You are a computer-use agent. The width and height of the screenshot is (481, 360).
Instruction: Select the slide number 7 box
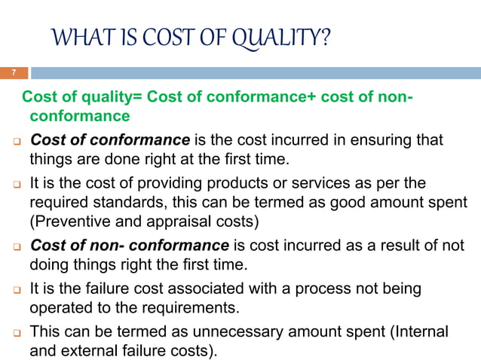point(13,73)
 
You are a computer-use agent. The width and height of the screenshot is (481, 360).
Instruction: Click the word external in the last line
point(84,350)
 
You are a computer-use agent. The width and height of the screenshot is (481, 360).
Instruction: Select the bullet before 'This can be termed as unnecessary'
point(14,332)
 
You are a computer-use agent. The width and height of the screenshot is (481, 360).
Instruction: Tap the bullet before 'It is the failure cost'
point(14,290)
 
